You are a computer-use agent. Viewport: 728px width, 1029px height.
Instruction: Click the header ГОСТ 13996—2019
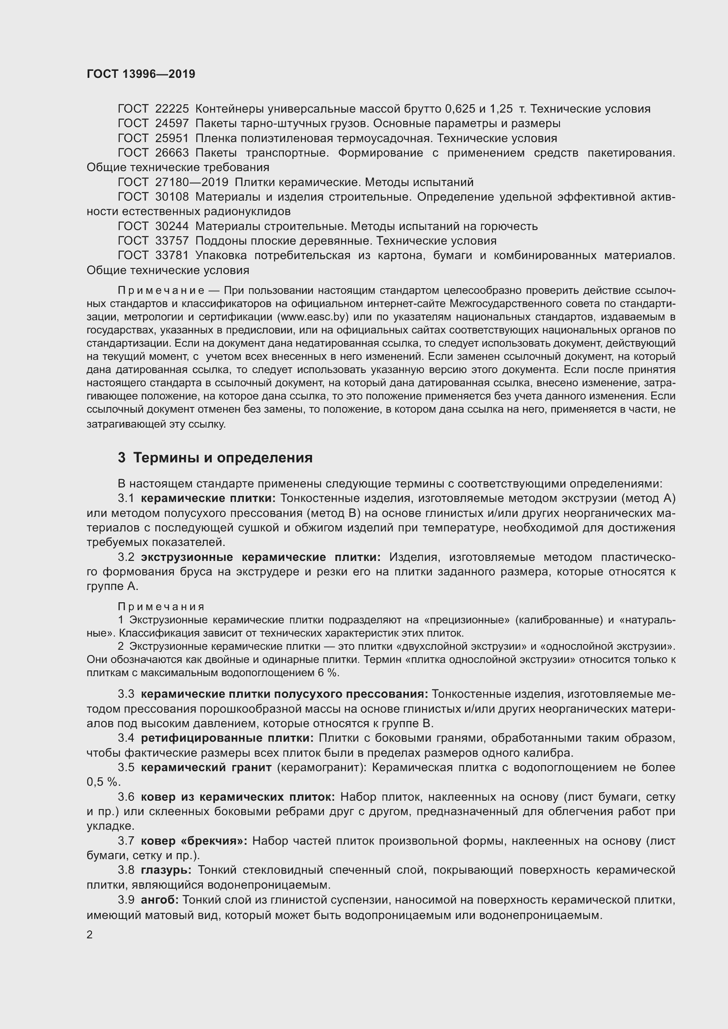pyautogui.click(x=141, y=74)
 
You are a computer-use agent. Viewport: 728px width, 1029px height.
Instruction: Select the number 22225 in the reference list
pyautogui.click(x=172, y=109)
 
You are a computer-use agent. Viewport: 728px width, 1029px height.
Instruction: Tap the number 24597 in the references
pyautogui.click(x=172, y=123)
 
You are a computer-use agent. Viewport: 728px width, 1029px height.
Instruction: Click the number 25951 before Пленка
pyautogui.click(x=172, y=138)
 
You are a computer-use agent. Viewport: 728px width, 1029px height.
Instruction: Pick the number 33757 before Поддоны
pyautogui.click(x=172, y=241)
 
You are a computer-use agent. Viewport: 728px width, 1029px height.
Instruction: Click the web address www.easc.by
pyautogui.click(x=313, y=317)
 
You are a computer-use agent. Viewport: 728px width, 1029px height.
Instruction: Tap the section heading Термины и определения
pyautogui.click(x=223, y=458)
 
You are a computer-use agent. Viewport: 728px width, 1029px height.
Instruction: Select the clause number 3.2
pyautogui.click(x=126, y=557)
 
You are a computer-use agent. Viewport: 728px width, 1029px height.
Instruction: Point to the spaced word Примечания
pyautogui.click(x=161, y=607)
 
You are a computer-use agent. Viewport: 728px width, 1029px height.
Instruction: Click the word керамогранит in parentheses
pyautogui.click(x=319, y=767)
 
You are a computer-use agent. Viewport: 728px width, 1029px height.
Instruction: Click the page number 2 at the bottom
pyautogui.click(x=90, y=935)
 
